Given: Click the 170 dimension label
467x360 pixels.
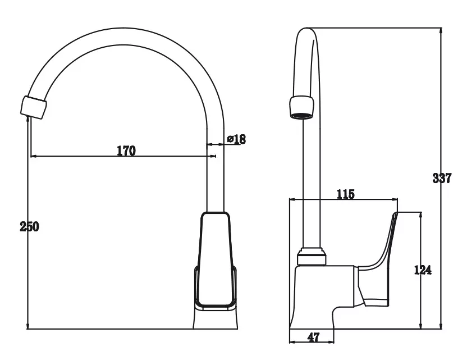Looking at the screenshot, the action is pos(126,151).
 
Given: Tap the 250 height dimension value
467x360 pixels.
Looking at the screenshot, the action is pos(29,227).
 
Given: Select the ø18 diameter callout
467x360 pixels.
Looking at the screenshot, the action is pos(236,139).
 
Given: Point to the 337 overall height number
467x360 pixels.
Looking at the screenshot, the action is pos(442,178).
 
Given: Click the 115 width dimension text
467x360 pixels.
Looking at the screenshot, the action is pos(346,194).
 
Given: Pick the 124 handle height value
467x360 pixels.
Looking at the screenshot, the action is pos(423,270).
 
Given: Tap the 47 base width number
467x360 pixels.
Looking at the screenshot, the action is pos(313,338).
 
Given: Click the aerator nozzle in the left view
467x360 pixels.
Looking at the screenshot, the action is pos(34,107).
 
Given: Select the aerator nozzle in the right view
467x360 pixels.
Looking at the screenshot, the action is pos(302,108).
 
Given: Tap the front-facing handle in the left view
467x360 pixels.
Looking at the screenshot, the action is pos(216,260).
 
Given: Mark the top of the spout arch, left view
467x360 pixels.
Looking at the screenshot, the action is pos(123,28).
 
